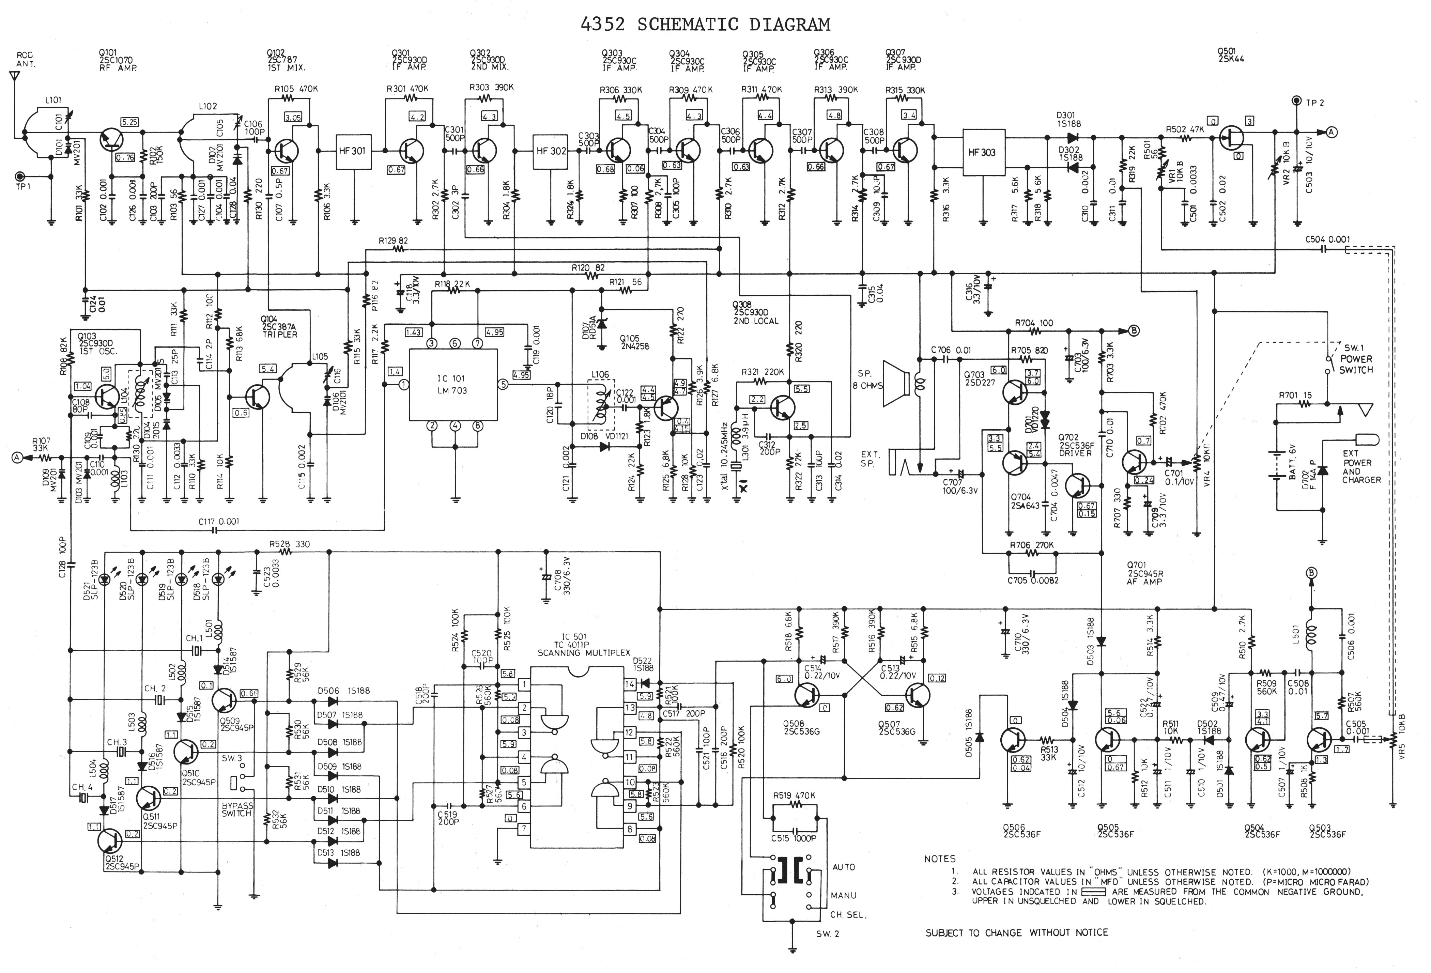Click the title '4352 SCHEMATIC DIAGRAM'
(706, 25)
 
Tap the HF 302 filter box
(551, 152)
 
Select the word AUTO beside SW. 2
(844, 867)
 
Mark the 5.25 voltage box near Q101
(130, 123)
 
